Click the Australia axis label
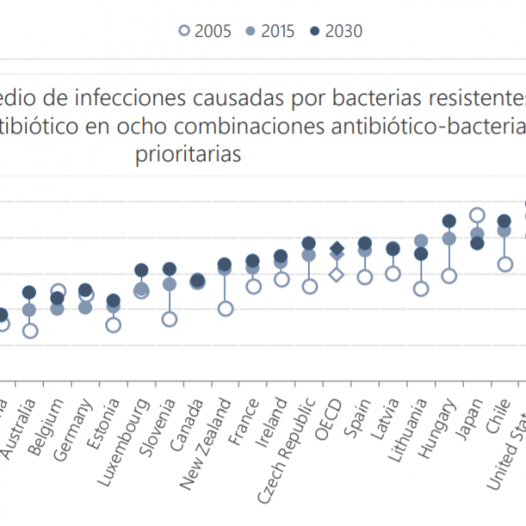tap(17, 424)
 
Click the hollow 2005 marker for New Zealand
tap(225, 309)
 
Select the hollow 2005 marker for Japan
tap(477, 215)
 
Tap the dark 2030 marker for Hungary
tap(449, 221)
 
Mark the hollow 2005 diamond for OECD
tap(337, 274)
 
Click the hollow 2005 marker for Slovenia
tap(169, 319)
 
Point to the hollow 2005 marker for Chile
tap(505, 264)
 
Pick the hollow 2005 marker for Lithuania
tap(421, 288)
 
